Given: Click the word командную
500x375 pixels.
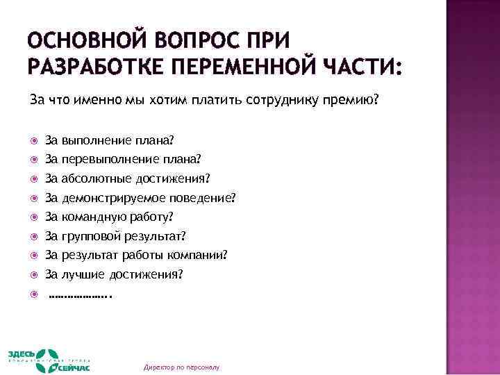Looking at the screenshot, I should click(x=92, y=216).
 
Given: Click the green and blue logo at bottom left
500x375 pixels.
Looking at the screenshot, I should click(x=51, y=360).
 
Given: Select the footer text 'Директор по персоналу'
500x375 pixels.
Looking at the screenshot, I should click(x=181, y=367).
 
